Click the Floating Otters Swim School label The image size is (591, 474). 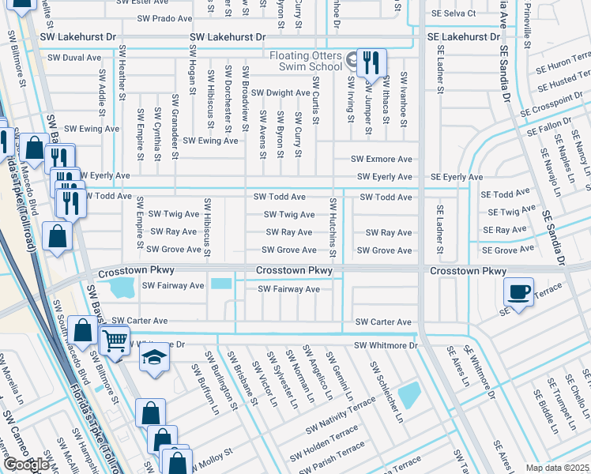(x=305, y=61)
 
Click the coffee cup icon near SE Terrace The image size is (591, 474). (x=519, y=292)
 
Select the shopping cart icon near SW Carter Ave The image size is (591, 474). (x=115, y=341)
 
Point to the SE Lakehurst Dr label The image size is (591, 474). (x=464, y=37)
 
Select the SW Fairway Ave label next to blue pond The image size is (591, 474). (x=172, y=285)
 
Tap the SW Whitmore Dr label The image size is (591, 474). (x=385, y=345)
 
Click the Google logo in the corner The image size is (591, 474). (x=25, y=465)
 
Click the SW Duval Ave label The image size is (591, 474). (x=74, y=58)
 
